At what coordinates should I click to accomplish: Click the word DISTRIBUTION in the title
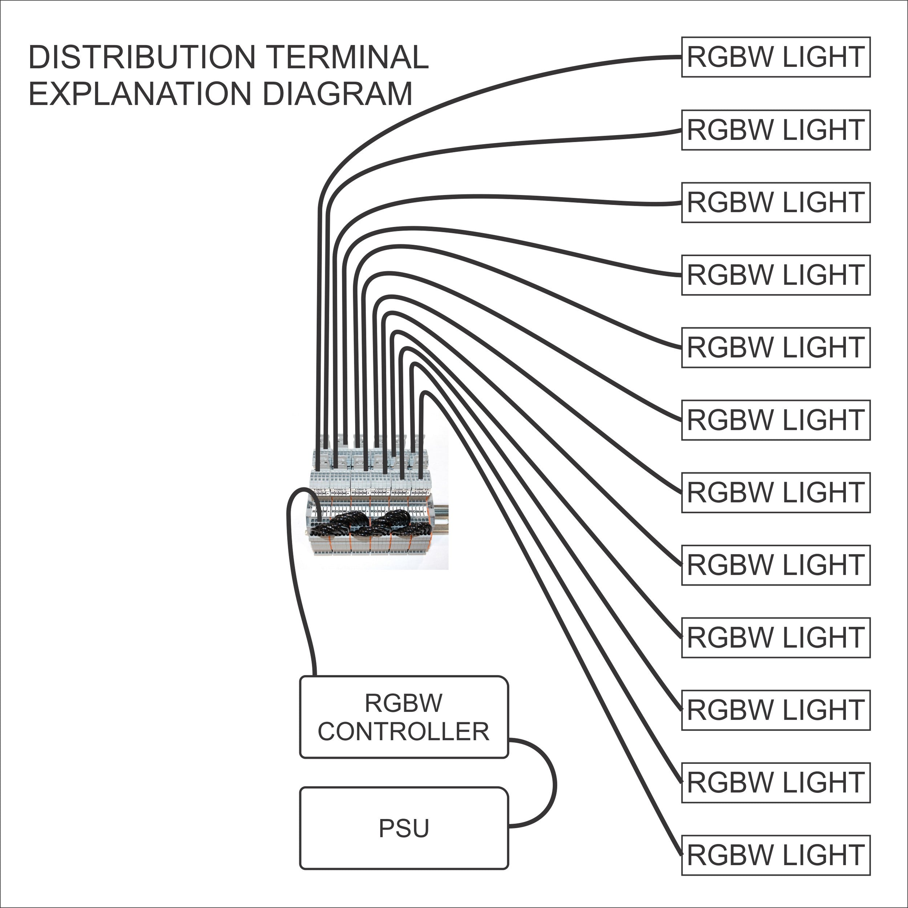coord(141,57)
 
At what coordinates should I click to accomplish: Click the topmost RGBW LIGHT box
coord(775,57)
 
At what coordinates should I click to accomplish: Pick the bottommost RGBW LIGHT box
coord(775,855)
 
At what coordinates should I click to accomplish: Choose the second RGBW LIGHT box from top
coord(775,130)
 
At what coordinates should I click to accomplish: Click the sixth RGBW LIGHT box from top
coord(775,420)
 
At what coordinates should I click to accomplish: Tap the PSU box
coord(404,828)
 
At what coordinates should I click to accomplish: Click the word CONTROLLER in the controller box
coord(403,732)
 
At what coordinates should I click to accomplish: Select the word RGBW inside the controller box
coord(403,703)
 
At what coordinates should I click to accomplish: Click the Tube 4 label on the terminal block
coord(341,490)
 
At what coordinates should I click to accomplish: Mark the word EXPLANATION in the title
coord(141,94)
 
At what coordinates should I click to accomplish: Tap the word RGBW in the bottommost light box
coord(730,855)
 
